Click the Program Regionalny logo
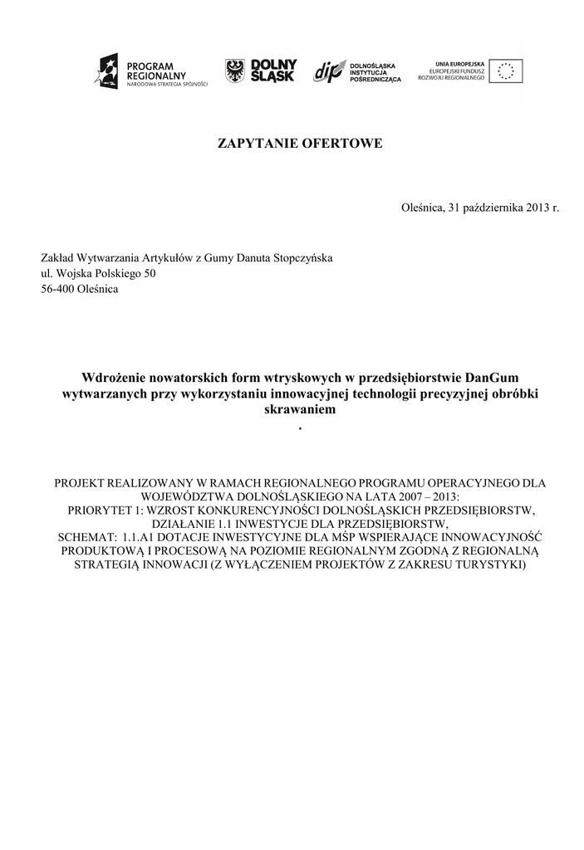pos(150,71)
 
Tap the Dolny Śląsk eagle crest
pos(235,71)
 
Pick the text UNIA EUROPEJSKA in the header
pos(461,63)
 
